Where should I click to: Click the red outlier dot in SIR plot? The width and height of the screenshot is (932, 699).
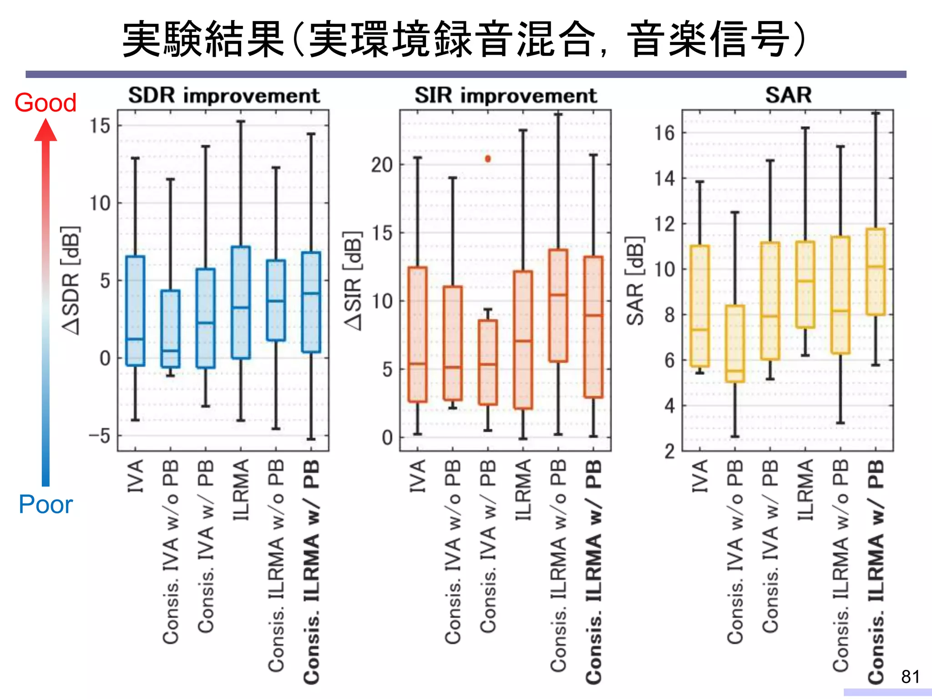pyautogui.click(x=488, y=159)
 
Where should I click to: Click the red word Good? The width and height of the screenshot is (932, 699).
pyautogui.click(x=45, y=102)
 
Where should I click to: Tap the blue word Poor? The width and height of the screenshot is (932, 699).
pyautogui.click(x=46, y=504)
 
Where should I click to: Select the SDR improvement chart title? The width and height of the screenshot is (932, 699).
pyautogui.click(x=224, y=96)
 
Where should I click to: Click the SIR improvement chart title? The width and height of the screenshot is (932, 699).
pyautogui.click(x=505, y=96)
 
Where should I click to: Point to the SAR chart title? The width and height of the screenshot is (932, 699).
pyautogui.click(x=788, y=95)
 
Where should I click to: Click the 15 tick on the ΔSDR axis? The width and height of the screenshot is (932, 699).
pyautogui.click(x=100, y=126)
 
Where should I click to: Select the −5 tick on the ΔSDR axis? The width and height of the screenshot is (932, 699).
pyautogui.click(x=100, y=436)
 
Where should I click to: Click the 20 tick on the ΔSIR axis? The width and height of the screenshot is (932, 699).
pyautogui.click(x=381, y=165)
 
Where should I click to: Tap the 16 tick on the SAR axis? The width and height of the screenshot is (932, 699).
pyautogui.click(x=664, y=133)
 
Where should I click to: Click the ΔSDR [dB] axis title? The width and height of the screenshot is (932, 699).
pyautogui.click(x=71, y=280)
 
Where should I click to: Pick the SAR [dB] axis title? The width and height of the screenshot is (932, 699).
pyautogui.click(x=635, y=280)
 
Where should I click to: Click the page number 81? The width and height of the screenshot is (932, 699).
pyautogui.click(x=910, y=677)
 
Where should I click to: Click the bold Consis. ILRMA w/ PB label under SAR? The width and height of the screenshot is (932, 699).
pyautogui.click(x=876, y=571)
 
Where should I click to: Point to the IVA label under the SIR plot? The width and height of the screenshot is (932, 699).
pyautogui.click(x=417, y=476)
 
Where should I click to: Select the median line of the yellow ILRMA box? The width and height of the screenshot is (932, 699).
pyautogui.click(x=805, y=281)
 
